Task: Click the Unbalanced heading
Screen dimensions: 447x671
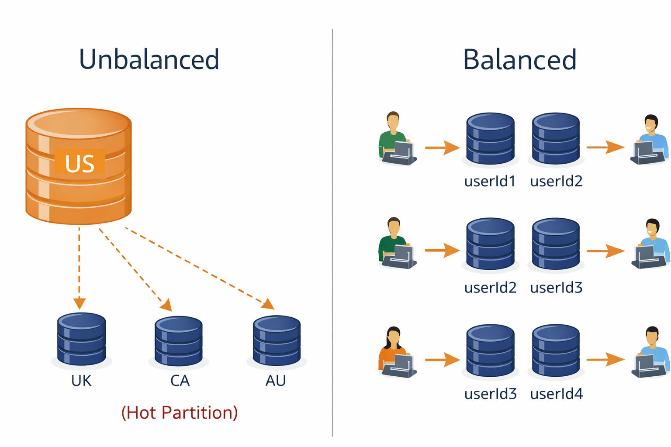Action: point(149,59)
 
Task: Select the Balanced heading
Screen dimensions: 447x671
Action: point(519,59)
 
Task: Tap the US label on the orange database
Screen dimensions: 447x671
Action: point(80,163)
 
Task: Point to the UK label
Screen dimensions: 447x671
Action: point(81,381)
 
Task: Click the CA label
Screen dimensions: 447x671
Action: point(180,381)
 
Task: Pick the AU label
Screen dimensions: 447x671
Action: point(276,381)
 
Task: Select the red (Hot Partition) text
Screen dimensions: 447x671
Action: point(180,413)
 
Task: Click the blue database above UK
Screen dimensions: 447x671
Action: point(82,339)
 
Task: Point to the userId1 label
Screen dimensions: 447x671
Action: point(490,181)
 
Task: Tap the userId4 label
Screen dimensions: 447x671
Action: point(556,394)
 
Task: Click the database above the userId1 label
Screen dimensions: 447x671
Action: point(490,138)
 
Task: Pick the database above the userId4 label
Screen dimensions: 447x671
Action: point(556,350)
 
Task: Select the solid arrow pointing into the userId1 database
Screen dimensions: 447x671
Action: point(442,148)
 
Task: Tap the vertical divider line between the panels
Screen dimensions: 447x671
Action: point(332,231)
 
